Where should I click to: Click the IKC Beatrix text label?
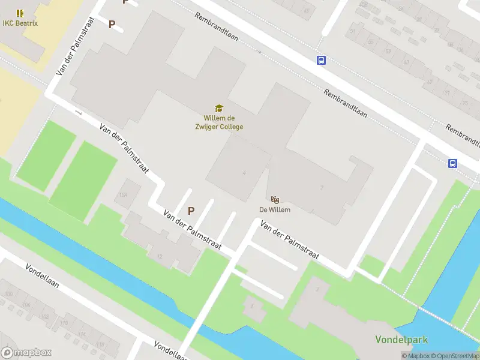[x=20, y=23]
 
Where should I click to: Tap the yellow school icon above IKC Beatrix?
[x=20, y=13]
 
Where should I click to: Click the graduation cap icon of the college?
[x=220, y=108]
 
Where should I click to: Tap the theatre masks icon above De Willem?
[x=275, y=199]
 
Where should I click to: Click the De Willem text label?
[x=275, y=210]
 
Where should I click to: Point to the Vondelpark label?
[x=401, y=340]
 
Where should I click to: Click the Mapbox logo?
[x=26, y=353]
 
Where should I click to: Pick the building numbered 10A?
[x=124, y=195]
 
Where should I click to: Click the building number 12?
[x=160, y=256]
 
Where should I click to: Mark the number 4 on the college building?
[x=244, y=173]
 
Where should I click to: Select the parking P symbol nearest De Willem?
[x=191, y=211]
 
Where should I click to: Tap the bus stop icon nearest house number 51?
[x=322, y=60]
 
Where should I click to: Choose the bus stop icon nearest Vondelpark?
[x=452, y=163]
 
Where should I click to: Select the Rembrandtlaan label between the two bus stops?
[x=345, y=103]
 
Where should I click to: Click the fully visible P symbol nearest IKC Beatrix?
[x=112, y=24]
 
